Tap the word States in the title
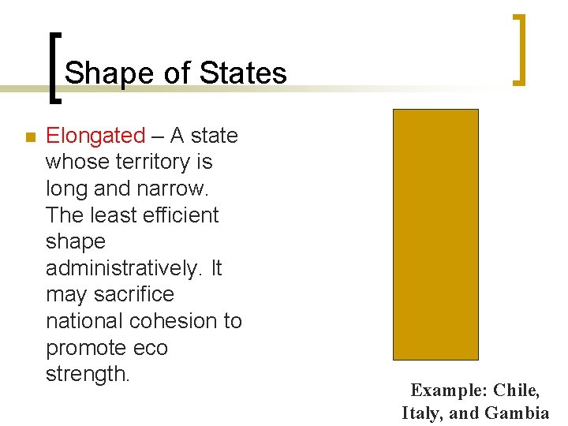(243, 73)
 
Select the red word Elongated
(95, 136)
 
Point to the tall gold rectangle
(435, 234)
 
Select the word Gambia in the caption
(517, 413)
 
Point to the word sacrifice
(133, 295)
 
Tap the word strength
(87, 374)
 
